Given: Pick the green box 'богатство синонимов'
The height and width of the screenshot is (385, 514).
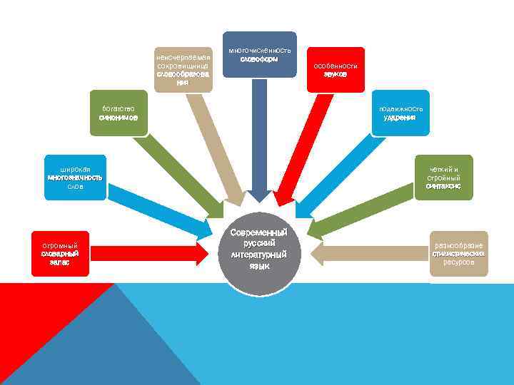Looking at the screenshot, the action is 119,113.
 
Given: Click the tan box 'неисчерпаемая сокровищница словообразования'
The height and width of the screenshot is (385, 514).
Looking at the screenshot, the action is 183,69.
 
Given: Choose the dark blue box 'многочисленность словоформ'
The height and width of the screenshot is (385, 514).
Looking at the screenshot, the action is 259,54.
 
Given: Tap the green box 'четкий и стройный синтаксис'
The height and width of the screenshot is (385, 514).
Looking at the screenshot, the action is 443,177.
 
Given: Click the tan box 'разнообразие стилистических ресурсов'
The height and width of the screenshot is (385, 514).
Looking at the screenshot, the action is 459,252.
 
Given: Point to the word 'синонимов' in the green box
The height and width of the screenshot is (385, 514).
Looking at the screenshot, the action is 119,117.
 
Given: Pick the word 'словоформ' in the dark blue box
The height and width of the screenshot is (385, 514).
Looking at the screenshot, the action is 259,58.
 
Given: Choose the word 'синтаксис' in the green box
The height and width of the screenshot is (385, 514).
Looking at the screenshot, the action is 443,185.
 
